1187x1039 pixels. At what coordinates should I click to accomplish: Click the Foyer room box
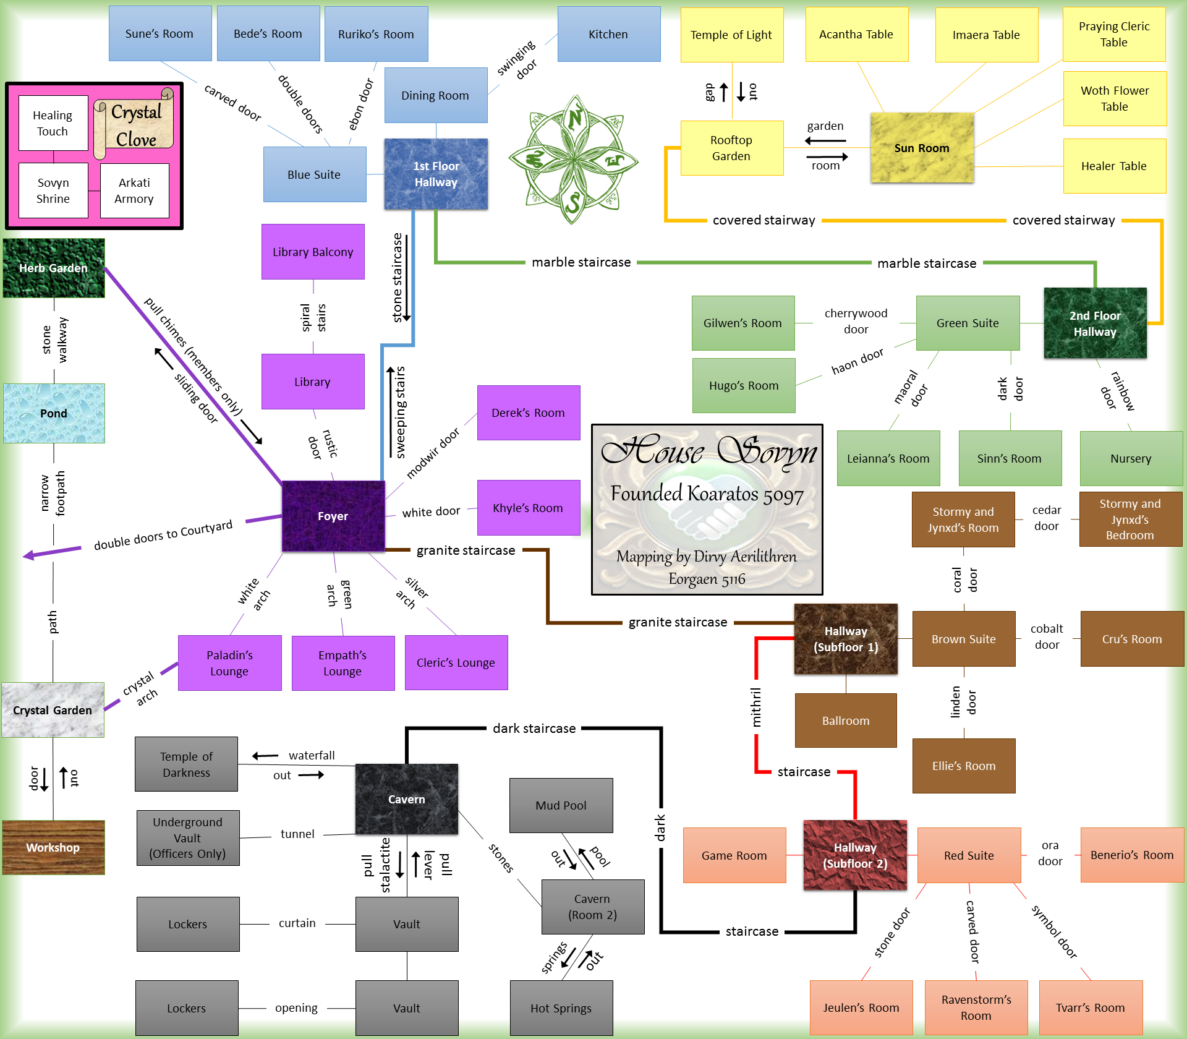pos(333,516)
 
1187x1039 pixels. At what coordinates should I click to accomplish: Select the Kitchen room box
pos(608,34)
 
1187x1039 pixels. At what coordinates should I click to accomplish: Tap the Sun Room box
pos(921,148)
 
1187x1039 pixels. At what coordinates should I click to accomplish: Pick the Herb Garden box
pos(53,268)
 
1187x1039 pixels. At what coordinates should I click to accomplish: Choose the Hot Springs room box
pos(561,1008)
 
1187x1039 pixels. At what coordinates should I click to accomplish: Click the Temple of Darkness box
pos(186,764)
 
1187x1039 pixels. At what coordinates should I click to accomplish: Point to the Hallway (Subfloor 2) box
pos(855,855)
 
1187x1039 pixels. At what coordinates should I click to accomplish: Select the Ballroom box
pos(845,720)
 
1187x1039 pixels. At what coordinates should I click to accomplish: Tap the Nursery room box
pos(1131,458)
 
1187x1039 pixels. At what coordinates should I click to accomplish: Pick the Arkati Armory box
pos(134,190)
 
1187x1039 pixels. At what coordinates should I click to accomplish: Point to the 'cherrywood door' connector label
pos(856,321)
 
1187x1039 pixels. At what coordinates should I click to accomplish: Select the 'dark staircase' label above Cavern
pos(534,729)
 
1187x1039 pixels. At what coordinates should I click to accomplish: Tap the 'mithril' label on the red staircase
pos(756,707)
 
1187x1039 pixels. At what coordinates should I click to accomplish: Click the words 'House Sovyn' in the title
pos(708,450)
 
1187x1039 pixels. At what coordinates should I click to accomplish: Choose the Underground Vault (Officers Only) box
pos(187,838)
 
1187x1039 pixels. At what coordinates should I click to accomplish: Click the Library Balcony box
pos(313,252)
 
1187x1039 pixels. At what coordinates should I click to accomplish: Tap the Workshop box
pos(53,847)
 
